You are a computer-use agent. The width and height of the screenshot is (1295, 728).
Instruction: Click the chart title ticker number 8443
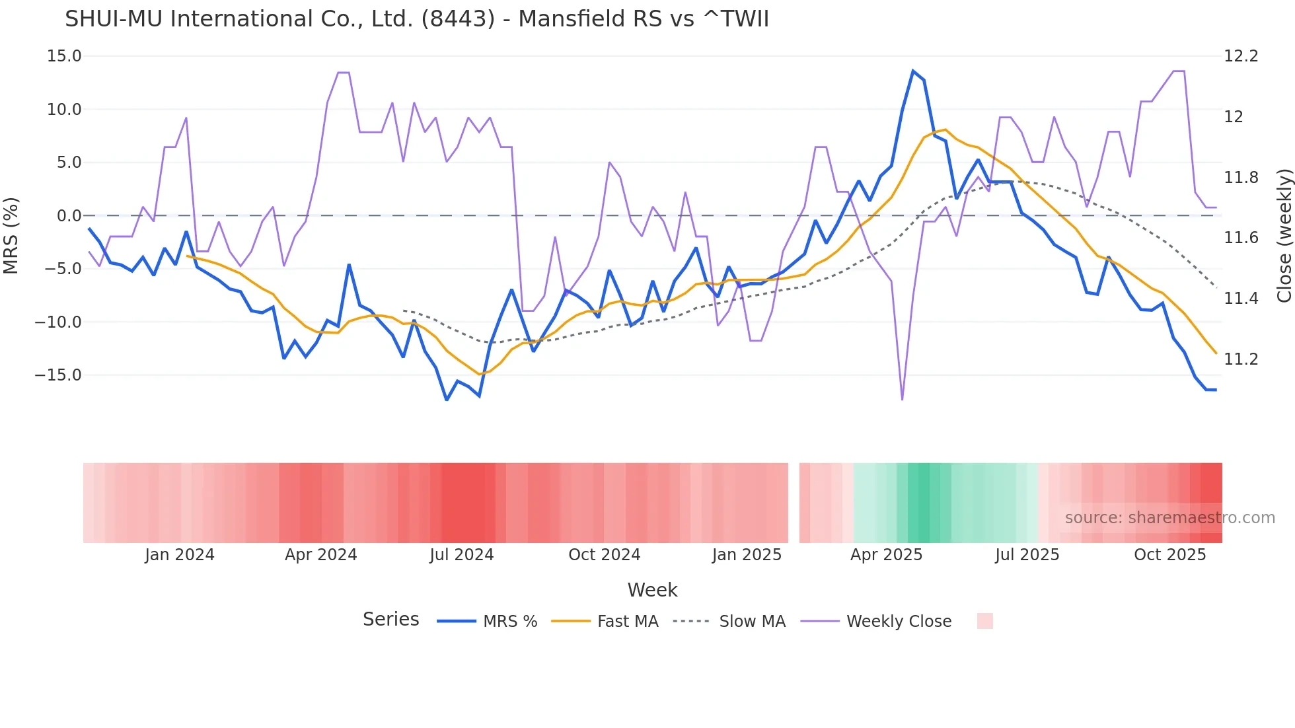tap(457, 19)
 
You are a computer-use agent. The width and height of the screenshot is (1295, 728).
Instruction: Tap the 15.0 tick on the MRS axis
tap(64, 56)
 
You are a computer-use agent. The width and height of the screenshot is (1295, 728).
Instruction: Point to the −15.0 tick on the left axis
tap(58, 375)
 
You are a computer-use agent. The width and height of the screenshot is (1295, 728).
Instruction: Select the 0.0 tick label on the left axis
tap(69, 216)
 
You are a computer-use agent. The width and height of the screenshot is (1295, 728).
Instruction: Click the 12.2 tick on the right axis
tap(1241, 56)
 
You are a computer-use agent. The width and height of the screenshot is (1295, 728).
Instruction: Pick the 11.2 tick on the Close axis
tap(1241, 359)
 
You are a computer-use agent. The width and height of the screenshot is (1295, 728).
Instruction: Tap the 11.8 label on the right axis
tap(1241, 178)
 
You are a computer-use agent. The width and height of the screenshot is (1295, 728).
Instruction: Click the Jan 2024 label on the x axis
tap(180, 555)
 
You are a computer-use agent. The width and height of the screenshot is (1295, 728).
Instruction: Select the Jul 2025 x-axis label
tap(1027, 555)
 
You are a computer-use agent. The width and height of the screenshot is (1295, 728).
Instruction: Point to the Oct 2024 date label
tap(604, 555)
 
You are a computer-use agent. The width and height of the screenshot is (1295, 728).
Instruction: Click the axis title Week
tap(652, 590)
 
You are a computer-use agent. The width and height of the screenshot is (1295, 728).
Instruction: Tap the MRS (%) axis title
tap(11, 235)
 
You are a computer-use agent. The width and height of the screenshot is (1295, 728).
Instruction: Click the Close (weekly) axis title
tap(1284, 235)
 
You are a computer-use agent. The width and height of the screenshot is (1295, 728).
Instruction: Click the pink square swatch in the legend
tap(984, 621)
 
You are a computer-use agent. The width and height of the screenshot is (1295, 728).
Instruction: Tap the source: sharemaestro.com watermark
tap(1169, 518)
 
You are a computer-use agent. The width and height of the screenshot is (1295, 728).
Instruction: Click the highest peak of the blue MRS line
tap(913, 71)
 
